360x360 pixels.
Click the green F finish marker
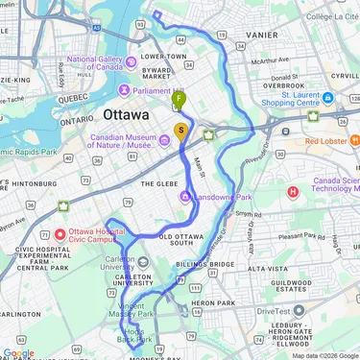pos(179,99)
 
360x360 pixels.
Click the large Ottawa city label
pos(125,114)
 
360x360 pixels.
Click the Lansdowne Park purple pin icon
pos(184,197)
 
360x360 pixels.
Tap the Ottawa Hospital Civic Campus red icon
pos(59,233)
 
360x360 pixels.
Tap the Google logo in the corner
pos(18,352)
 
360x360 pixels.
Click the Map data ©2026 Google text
pos(324,355)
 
